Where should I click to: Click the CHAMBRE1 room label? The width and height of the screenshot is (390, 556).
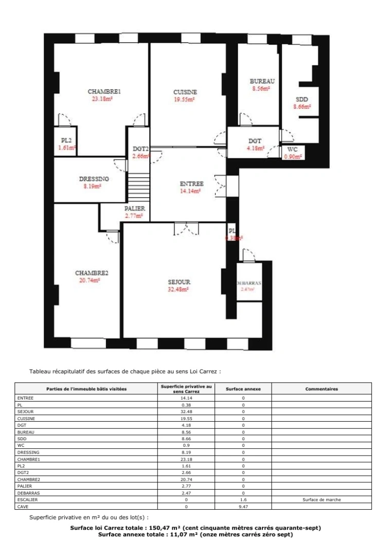point(104,92)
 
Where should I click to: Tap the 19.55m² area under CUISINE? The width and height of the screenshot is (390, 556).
point(185,100)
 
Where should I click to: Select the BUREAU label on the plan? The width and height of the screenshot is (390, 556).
point(262,81)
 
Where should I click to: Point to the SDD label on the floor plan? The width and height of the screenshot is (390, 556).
point(302,99)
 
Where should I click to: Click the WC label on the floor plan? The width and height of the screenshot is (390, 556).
point(293,150)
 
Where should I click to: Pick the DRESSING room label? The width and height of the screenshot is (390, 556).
point(94,179)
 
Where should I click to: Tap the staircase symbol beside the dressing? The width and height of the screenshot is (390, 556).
point(138,188)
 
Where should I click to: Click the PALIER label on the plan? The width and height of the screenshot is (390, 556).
point(134,208)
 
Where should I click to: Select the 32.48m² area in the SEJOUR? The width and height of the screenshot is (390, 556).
point(179,289)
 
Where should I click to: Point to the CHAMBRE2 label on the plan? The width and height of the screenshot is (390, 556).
point(92,273)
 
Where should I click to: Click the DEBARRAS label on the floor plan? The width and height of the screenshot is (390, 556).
point(249,283)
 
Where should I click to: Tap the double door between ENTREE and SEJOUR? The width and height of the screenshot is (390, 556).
point(186,230)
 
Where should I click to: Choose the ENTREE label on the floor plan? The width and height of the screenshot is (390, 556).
point(191,184)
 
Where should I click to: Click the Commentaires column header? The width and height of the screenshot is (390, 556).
point(322,389)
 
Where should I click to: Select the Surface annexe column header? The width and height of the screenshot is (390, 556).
point(243,389)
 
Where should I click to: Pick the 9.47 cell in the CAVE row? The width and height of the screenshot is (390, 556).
point(243,506)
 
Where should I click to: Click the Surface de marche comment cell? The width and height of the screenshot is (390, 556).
point(322,499)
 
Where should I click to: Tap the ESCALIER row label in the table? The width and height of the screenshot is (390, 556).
point(27,499)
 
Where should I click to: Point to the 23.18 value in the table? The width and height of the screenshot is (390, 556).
point(186,459)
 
